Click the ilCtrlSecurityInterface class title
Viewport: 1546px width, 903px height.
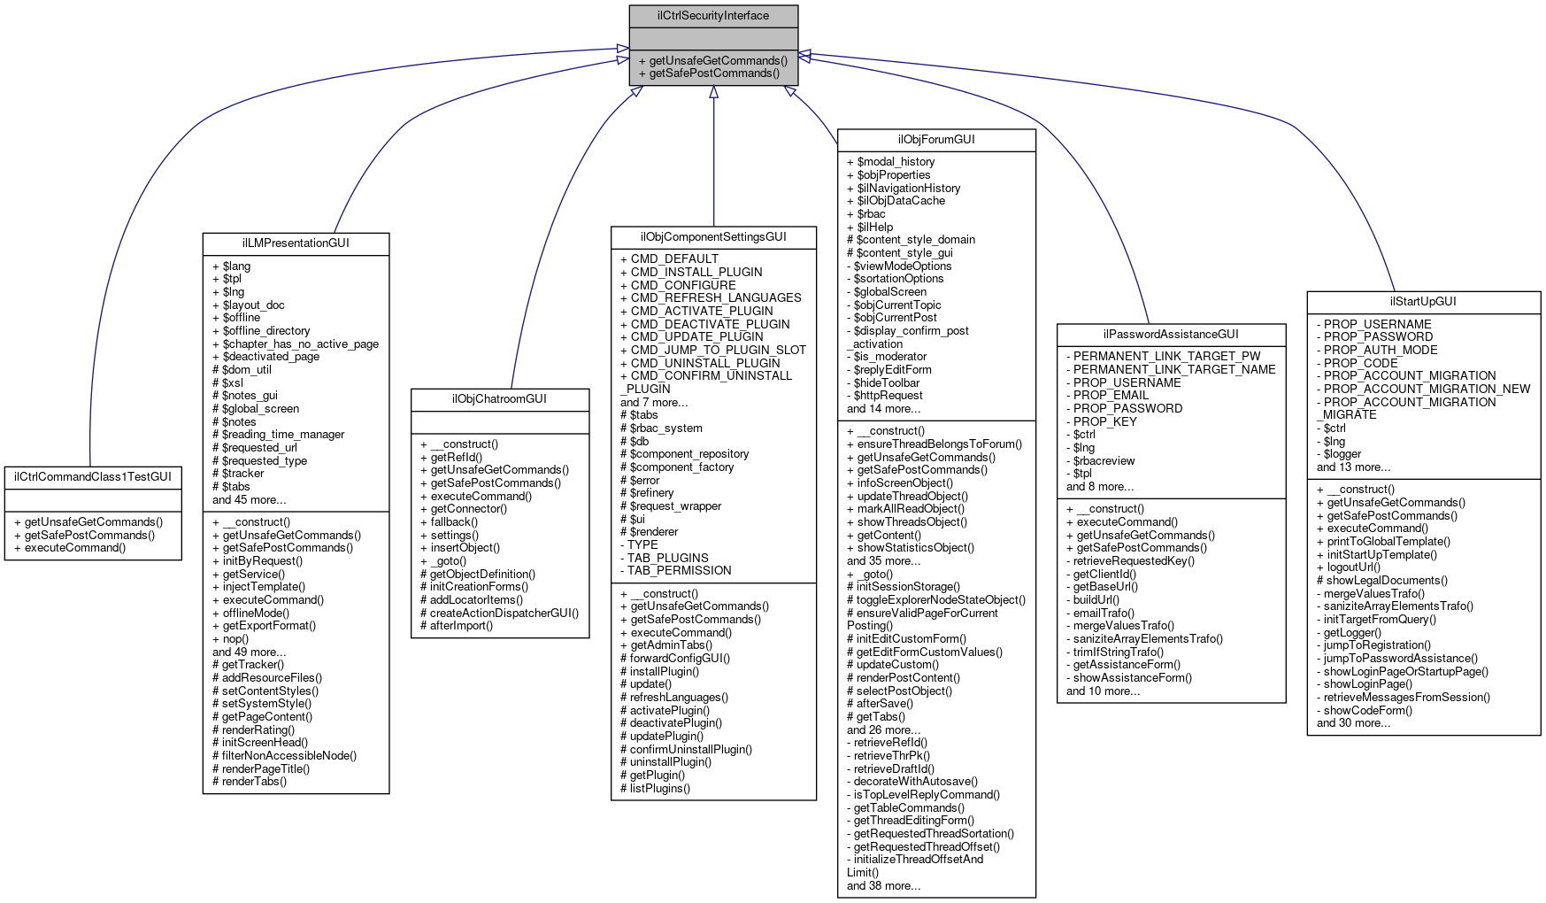(713, 16)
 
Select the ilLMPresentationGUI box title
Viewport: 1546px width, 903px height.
(296, 243)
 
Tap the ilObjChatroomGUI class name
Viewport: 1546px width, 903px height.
(500, 399)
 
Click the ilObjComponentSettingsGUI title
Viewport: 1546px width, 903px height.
(713, 237)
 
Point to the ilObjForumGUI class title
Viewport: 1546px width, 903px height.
(936, 140)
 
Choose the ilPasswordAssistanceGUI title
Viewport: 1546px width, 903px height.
(1171, 335)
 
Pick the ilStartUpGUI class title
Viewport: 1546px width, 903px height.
(1423, 302)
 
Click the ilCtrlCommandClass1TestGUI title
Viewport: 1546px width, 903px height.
(93, 477)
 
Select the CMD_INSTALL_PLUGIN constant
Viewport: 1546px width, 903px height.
(691, 273)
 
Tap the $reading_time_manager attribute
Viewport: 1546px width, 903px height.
(278, 435)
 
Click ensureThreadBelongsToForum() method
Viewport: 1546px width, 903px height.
(934, 444)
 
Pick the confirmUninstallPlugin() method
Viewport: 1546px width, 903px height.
(686, 749)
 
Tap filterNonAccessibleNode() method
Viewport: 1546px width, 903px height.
(284, 756)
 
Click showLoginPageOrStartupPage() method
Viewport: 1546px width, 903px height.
(1402, 671)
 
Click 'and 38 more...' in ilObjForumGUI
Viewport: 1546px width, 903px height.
(883, 885)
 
